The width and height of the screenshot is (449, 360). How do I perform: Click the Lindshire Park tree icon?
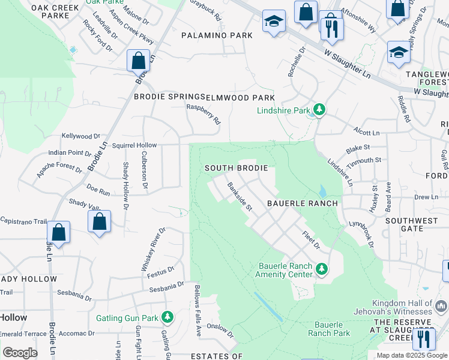[321, 109]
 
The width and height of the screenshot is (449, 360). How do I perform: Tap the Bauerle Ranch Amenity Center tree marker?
[322, 269]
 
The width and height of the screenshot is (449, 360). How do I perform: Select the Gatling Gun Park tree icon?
[169, 317]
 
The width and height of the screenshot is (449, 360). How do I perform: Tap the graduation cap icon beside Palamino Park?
[273, 23]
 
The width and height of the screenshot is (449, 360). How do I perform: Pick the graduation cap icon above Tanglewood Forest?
[398, 53]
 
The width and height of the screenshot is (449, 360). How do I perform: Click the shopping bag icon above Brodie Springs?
[139, 61]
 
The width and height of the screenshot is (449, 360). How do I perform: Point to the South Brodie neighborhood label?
[235, 168]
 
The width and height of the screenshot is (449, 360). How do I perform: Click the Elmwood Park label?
[240, 97]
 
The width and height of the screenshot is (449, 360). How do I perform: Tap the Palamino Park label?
[217, 35]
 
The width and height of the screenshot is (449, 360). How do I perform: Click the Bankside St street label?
[240, 196]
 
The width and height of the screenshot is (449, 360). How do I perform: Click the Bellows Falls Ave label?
[196, 302]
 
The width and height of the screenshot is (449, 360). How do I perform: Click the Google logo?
[20, 353]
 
